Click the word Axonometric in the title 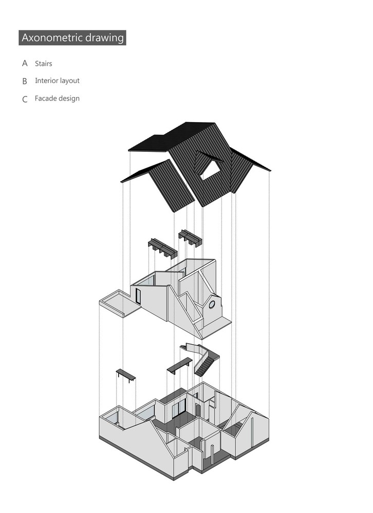click(52, 37)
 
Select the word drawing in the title click(105, 38)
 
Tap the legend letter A click(25, 63)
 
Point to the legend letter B click(25, 81)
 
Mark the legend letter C click(25, 99)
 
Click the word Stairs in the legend click(44, 64)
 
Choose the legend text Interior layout click(58, 81)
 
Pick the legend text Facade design click(58, 98)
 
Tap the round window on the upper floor click(212, 305)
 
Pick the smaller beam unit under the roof click(190, 238)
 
